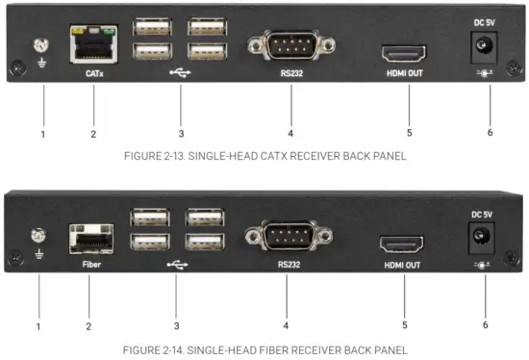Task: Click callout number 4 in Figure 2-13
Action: tap(290, 133)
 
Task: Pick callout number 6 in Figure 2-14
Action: tap(484, 324)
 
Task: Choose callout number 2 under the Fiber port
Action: tap(88, 326)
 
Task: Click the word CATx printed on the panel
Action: tap(93, 71)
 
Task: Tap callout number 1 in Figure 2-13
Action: tap(42, 134)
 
